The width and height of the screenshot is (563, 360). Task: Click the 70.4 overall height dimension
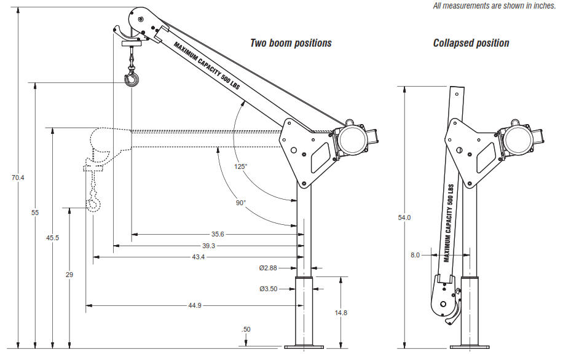pyautogui.click(x=17, y=178)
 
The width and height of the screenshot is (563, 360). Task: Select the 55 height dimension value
pyautogui.click(x=35, y=213)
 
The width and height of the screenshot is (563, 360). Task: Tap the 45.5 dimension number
pyautogui.click(x=53, y=238)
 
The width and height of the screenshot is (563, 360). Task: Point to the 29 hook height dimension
pyautogui.click(x=69, y=275)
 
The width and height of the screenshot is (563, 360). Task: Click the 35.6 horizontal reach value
pyautogui.click(x=218, y=234)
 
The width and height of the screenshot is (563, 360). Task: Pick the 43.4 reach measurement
pyautogui.click(x=198, y=257)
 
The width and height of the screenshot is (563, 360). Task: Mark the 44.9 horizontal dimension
pyautogui.click(x=195, y=305)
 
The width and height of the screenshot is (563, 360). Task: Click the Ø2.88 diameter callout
pyautogui.click(x=268, y=268)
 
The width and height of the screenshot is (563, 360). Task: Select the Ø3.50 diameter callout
pyautogui.click(x=268, y=288)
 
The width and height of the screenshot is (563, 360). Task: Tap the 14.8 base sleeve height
pyautogui.click(x=342, y=313)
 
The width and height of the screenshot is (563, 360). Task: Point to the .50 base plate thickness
pyautogui.click(x=246, y=330)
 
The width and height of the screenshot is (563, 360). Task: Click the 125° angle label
pyautogui.click(x=240, y=166)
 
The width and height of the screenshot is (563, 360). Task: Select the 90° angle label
pyautogui.click(x=240, y=202)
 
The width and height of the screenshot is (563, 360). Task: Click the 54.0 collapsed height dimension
pyautogui.click(x=404, y=217)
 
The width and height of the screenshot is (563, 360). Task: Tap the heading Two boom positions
pyautogui.click(x=291, y=43)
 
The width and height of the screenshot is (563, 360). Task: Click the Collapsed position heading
pyautogui.click(x=471, y=43)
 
